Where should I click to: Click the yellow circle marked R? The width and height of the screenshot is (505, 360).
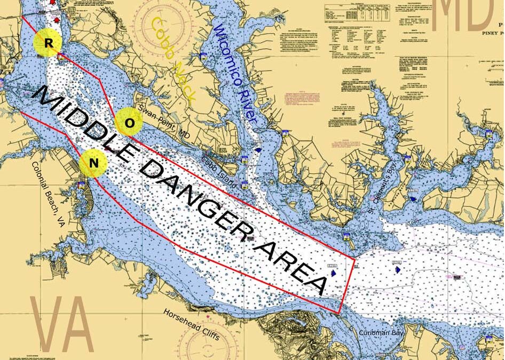[x=48, y=44]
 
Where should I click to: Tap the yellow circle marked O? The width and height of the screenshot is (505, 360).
[x=129, y=122]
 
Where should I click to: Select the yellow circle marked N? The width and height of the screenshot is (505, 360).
[x=93, y=163]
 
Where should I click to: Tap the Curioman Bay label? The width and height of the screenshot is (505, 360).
[x=382, y=333]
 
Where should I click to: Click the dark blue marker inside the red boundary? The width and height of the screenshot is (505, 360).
[x=334, y=273]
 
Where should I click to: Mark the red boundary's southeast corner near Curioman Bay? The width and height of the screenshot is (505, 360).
[x=340, y=313]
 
